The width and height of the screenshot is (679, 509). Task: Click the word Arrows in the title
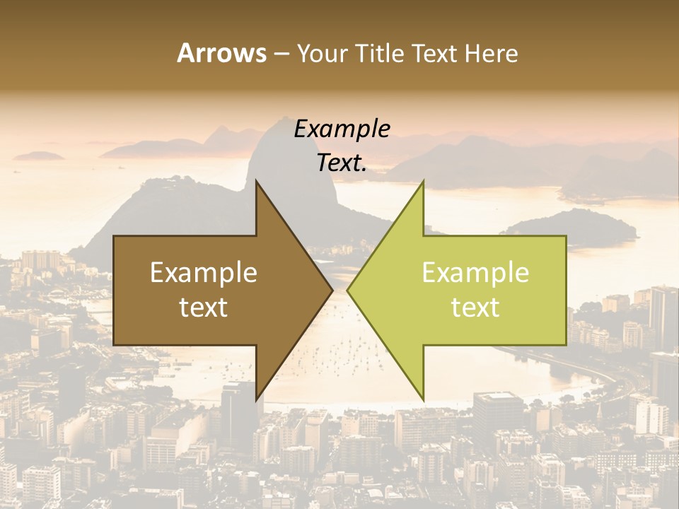221,53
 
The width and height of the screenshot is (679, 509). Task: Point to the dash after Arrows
281,54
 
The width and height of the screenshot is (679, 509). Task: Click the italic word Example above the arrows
342,129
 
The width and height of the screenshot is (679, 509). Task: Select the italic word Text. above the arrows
342,163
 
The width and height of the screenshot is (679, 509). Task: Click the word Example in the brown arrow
204,272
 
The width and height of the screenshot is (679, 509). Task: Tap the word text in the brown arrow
204,308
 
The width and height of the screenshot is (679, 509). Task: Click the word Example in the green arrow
475,272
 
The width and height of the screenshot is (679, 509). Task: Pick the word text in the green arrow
475,308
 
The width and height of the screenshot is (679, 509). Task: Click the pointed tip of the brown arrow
332,290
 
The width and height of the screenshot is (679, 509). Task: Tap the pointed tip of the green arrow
347,290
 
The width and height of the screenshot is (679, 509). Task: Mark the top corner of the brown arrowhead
256,182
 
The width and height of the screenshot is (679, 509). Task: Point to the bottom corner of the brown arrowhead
256,399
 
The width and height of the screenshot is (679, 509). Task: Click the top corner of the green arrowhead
423,182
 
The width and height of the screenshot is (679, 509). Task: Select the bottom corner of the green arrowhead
423,399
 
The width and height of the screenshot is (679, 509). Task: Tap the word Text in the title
434,53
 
